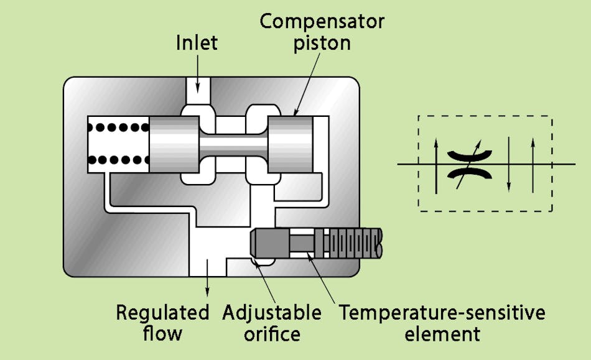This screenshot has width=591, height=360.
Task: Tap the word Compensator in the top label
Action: coord(322,22)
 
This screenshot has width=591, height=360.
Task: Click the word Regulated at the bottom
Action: coord(162,313)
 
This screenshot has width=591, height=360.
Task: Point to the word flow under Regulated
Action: coord(162,334)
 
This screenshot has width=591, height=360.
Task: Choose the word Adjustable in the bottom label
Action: coord(272,313)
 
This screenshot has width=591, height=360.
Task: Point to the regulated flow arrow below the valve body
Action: coord(208,287)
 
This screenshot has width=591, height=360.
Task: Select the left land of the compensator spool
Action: coord(171,145)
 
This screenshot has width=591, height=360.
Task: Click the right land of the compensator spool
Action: coord(289,145)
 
